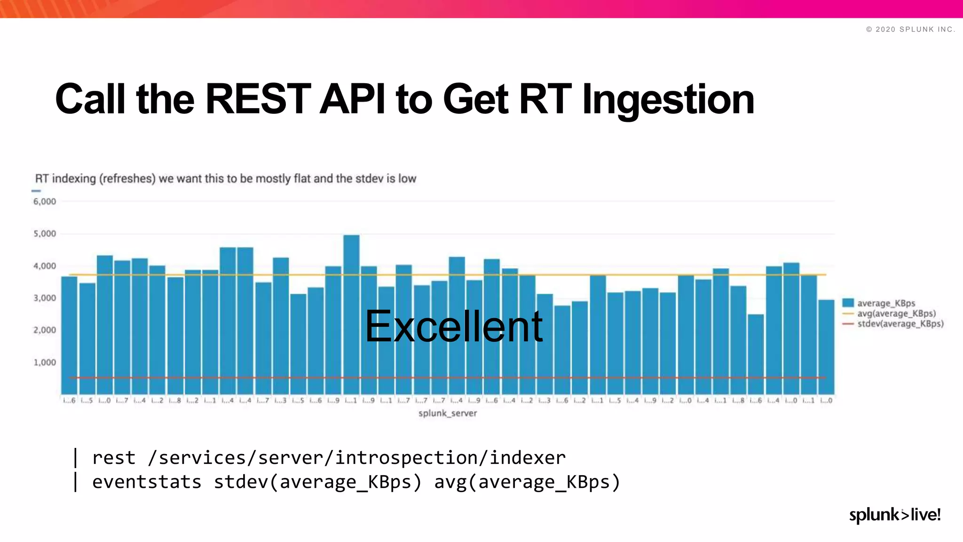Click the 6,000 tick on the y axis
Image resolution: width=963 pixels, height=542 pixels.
pos(45,202)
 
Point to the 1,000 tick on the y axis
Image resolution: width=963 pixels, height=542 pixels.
pos(45,363)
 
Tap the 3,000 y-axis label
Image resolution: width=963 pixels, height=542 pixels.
pos(45,298)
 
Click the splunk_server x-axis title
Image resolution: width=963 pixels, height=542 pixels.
pos(448,414)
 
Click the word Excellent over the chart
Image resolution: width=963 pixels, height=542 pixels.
pos(454,327)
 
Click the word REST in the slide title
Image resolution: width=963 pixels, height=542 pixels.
pos(258,99)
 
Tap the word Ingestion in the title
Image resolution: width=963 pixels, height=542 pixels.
pos(668,100)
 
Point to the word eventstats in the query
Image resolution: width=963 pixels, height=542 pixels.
pos(147,482)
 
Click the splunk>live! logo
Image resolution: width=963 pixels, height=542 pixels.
pos(894,515)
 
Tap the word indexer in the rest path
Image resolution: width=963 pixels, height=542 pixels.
pos(528,458)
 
